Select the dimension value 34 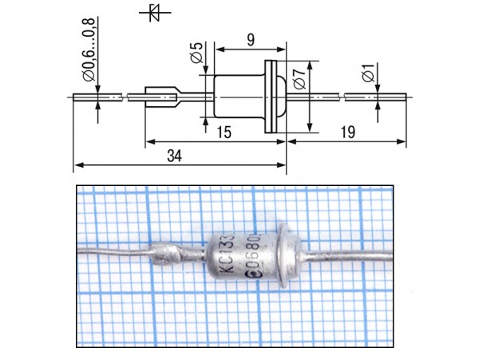174,157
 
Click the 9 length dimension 249,38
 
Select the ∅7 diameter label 298,79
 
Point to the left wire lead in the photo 112,249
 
